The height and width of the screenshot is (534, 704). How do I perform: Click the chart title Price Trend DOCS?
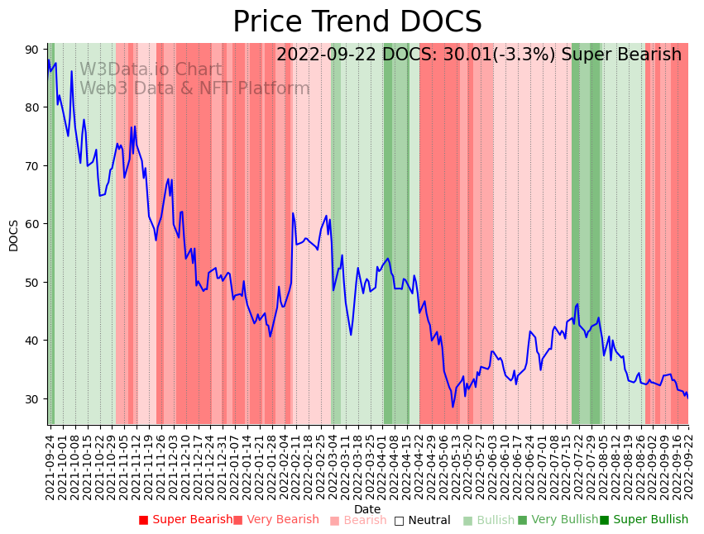pos(357,22)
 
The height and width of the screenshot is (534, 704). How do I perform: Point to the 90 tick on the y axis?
pos(31,50)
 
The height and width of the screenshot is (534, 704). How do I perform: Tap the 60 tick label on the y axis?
pos(31,224)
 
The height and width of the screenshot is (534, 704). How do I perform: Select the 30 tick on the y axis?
pos(31,398)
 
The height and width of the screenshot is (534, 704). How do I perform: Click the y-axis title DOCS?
pos(14,235)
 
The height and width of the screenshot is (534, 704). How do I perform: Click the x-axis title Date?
pos(367,509)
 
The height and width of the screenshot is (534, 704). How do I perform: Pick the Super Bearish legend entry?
pos(185,520)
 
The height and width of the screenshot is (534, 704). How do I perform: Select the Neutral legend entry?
pos(422,521)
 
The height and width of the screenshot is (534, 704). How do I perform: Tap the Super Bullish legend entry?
pos(644,520)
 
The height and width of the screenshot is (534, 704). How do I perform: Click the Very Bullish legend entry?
pos(558,520)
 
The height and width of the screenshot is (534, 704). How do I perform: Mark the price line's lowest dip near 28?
pos(453,407)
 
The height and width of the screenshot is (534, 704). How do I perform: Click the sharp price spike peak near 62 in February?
pos(293,213)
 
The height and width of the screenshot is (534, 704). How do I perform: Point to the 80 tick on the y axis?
pos(31,107)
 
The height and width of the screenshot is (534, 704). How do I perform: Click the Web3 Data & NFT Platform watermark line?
pos(194,88)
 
